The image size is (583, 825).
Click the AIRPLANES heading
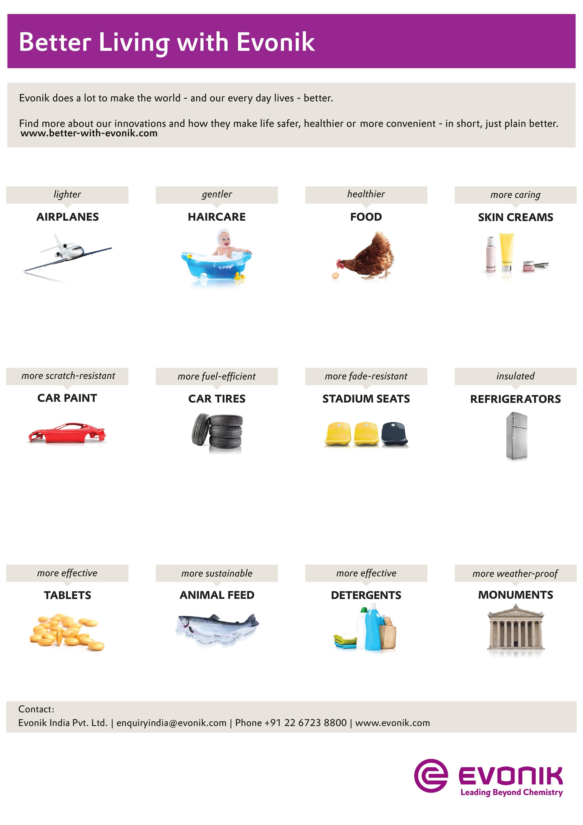pos(67,217)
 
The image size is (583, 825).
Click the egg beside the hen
pos(335,276)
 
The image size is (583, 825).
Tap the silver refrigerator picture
pos(516,436)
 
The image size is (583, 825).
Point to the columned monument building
pos(516,629)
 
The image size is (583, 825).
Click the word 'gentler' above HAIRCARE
pos(217,194)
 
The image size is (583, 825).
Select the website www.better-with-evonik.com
pos(89,133)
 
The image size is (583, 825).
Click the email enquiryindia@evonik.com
pos(171,723)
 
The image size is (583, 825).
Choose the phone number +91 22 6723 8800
pos(305,723)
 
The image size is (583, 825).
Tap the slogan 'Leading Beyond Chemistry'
pos(512,792)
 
